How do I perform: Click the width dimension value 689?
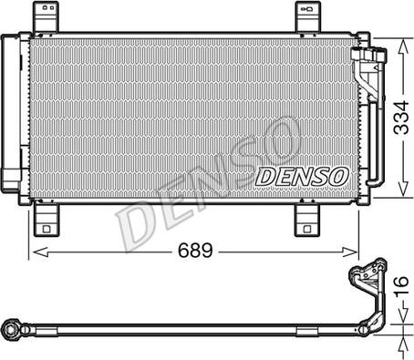click(x=194, y=249)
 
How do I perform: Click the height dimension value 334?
click(x=399, y=116)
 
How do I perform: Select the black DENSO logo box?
click(x=300, y=175)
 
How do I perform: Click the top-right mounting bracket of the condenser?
click(x=307, y=18)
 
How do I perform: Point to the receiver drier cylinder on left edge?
click(x=11, y=113)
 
